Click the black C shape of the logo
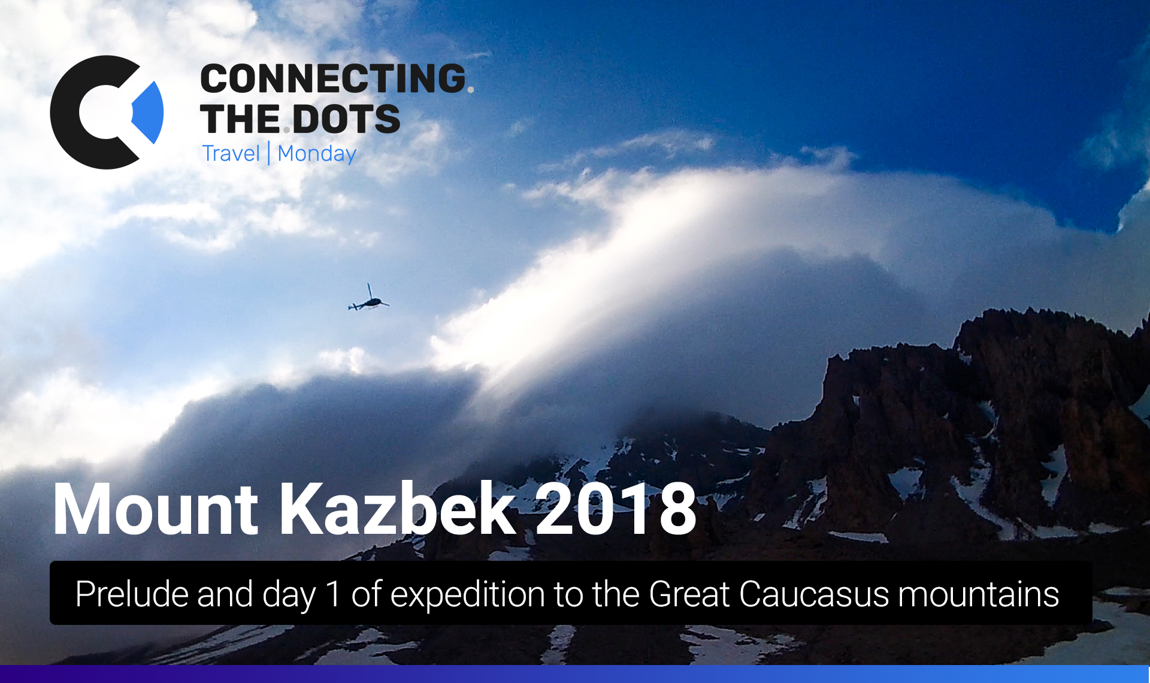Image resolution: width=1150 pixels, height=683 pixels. coord(90,113)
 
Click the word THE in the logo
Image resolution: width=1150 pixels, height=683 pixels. coord(240,119)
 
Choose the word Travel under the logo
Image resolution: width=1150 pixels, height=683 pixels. coord(231,153)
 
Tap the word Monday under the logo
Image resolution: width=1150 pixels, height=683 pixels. coord(317,154)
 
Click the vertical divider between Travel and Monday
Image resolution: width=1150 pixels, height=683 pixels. coord(269,153)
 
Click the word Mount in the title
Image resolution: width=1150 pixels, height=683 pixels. coord(156,509)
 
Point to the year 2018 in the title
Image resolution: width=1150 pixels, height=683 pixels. coord(616,509)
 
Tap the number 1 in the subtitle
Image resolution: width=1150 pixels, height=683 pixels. coord(333,594)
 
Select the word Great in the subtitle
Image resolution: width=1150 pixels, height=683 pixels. coord(689,594)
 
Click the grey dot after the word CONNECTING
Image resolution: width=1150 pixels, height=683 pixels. coord(470,89)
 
